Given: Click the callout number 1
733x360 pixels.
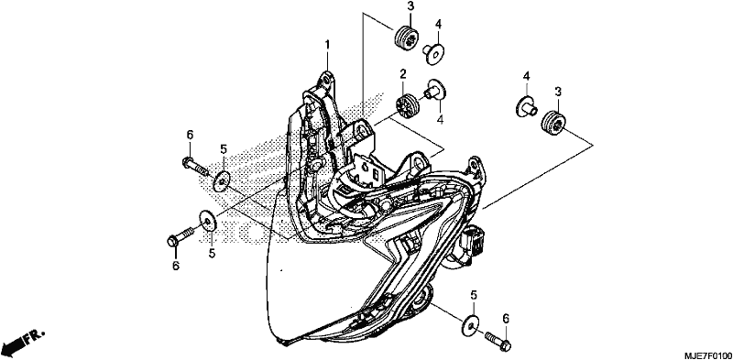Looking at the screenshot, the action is [x=327, y=45].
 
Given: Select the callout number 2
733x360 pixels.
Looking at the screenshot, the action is [x=402, y=73].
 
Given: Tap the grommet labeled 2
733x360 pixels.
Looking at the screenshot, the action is [x=406, y=105].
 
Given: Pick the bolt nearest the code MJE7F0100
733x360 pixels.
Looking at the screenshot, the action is [x=498, y=341].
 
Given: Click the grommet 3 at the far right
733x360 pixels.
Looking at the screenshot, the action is [x=554, y=123].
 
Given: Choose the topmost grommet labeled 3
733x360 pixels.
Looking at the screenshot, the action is [x=406, y=38].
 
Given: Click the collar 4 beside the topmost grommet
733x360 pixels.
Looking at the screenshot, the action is [x=433, y=53].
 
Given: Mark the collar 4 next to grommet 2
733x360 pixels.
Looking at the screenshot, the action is [x=435, y=91].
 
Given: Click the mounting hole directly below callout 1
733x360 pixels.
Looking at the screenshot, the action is [x=328, y=78].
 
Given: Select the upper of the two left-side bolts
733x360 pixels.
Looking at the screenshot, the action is [x=194, y=166].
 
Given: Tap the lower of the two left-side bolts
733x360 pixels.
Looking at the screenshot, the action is [x=181, y=236].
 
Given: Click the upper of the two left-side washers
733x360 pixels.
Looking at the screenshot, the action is [x=222, y=181].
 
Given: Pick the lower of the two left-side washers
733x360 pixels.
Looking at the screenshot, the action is [x=208, y=220].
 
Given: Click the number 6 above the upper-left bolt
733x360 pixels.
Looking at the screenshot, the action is [x=190, y=136].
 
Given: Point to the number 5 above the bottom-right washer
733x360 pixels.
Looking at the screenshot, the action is [x=474, y=296].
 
